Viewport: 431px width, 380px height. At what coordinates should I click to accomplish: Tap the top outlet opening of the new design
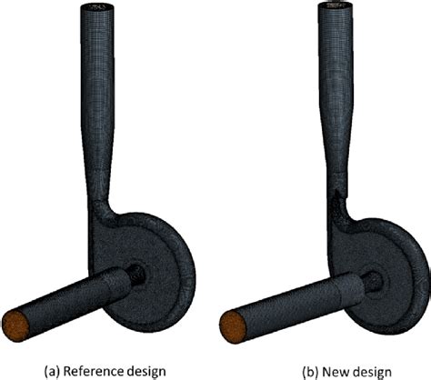tap(334, 11)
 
